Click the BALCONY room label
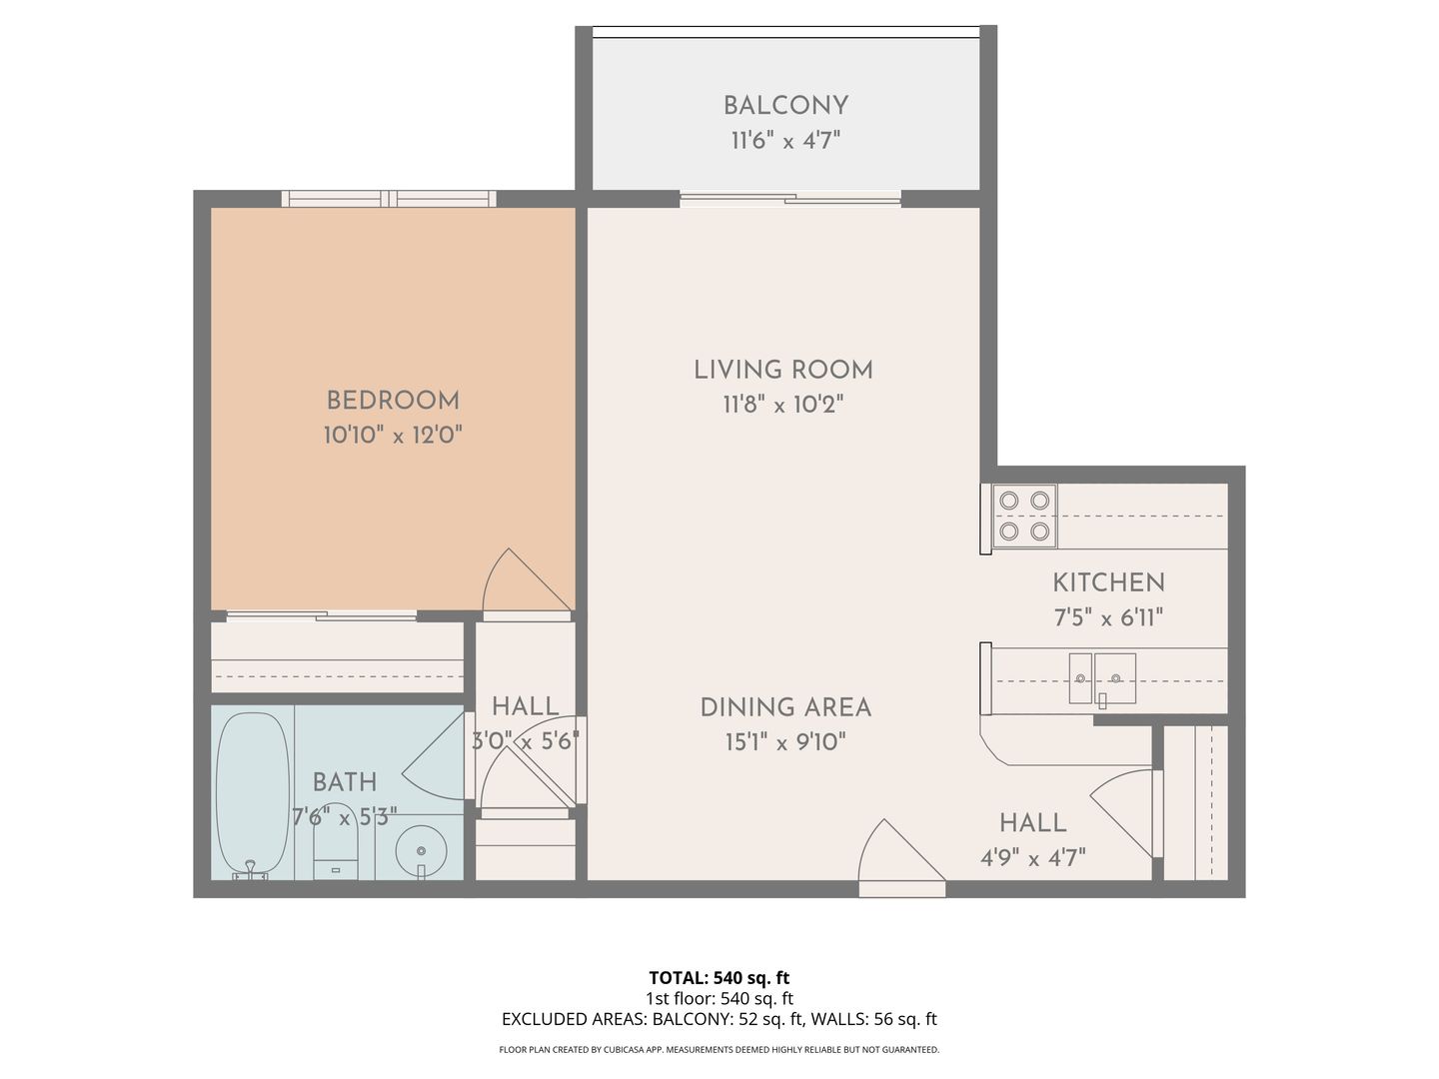click(x=785, y=106)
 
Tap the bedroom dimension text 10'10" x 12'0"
click(x=393, y=435)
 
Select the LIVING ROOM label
click(x=783, y=370)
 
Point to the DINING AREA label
click(x=785, y=707)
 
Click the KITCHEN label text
click(x=1108, y=582)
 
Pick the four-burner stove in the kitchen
click(x=1024, y=517)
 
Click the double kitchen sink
click(x=1102, y=678)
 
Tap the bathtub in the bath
click(x=253, y=794)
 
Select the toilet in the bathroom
click(x=336, y=842)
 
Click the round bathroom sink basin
click(x=422, y=851)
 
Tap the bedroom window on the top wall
click(x=389, y=199)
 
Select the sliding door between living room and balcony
click(x=790, y=199)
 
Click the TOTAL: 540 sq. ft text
click(x=719, y=978)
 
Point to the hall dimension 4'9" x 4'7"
click(x=1033, y=857)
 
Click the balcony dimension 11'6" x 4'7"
click(x=785, y=140)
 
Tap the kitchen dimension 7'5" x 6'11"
click(x=1108, y=617)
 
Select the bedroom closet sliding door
click(x=321, y=615)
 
